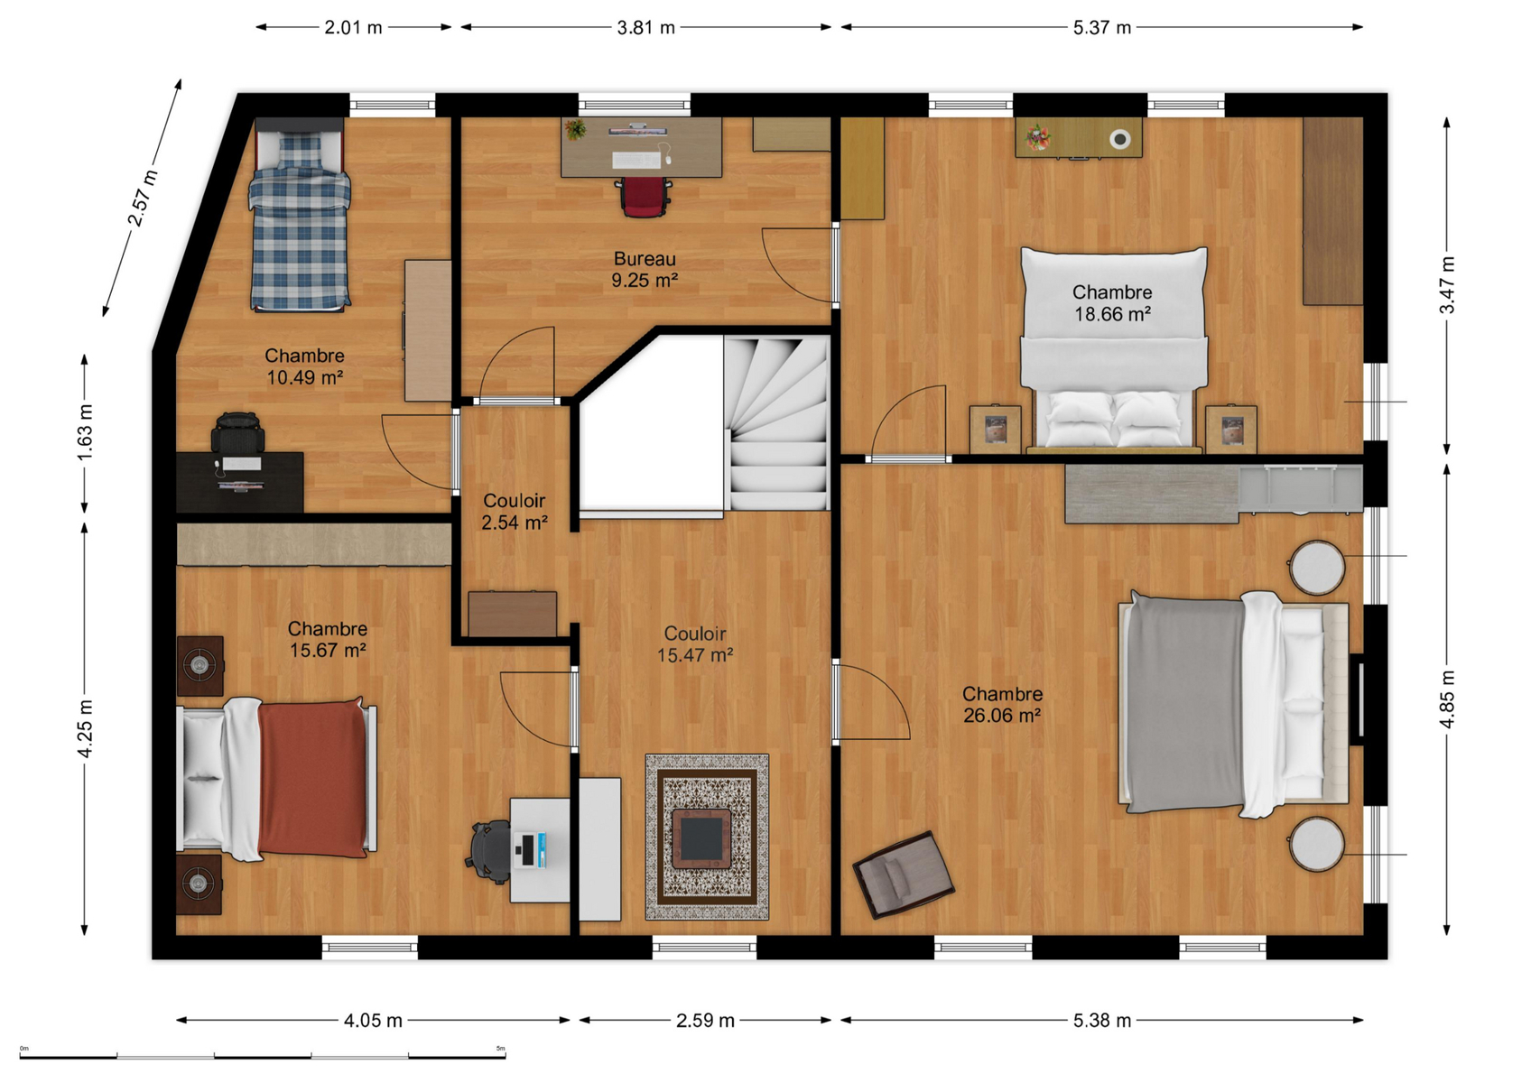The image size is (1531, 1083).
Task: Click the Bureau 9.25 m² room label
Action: [x=645, y=269]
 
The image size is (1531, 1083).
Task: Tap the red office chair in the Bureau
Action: [x=643, y=197]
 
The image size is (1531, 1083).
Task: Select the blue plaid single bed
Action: [x=299, y=215]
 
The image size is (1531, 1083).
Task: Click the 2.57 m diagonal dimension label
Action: [x=144, y=198]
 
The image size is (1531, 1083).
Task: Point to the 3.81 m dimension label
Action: [x=646, y=27]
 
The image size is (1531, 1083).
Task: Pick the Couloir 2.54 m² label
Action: [x=514, y=511]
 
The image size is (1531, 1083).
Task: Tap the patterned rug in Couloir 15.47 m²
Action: [x=708, y=837]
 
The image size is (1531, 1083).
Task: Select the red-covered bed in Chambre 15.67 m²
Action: [x=277, y=778]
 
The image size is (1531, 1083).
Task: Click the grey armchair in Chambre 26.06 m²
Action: [x=903, y=874]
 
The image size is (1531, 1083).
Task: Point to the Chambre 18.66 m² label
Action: [x=1112, y=302]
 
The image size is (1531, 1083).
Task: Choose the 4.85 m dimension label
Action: [x=1447, y=699]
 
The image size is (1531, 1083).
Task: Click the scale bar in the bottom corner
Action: [x=263, y=1056]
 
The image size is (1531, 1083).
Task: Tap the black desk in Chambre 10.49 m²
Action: [x=240, y=482]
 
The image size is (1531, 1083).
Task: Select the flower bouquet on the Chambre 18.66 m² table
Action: [x=1038, y=136]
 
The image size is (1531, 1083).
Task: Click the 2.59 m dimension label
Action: [x=705, y=1020]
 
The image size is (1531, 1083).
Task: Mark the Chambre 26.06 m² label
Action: [x=1003, y=705]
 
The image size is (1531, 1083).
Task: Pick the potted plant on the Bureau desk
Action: [x=576, y=128]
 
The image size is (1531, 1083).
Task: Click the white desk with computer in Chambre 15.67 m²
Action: [x=540, y=850]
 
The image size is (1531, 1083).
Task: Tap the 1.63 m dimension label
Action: [x=85, y=433]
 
